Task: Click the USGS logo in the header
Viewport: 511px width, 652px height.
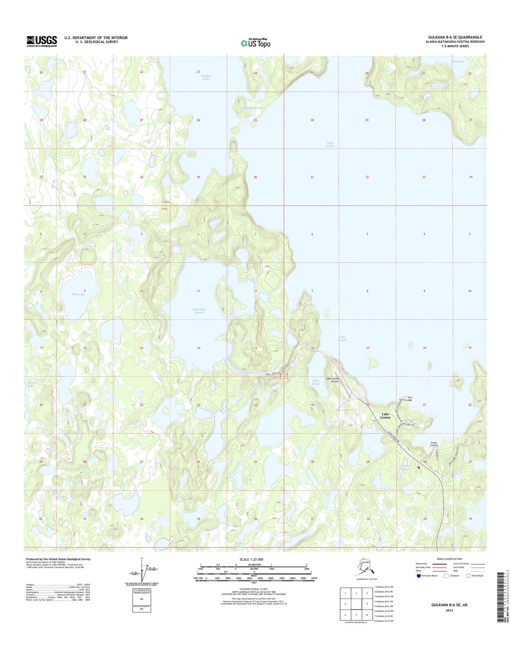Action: click(x=42, y=41)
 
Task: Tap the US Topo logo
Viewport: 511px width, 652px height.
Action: click(x=255, y=43)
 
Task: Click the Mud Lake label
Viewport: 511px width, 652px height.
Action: click(x=78, y=294)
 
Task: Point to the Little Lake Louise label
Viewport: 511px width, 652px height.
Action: click(x=199, y=311)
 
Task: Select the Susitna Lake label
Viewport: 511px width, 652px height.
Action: click(x=206, y=77)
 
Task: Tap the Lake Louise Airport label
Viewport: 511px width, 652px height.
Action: click(x=334, y=380)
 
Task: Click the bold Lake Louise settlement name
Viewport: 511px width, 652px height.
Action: click(x=385, y=416)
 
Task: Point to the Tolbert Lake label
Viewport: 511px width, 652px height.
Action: click(x=31, y=384)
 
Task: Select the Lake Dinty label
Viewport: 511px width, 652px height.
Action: click(x=316, y=382)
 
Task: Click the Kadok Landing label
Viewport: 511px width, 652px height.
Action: click(x=434, y=444)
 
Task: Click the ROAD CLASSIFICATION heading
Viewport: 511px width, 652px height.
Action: click(x=444, y=559)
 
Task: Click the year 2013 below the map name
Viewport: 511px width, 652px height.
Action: click(x=449, y=610)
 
